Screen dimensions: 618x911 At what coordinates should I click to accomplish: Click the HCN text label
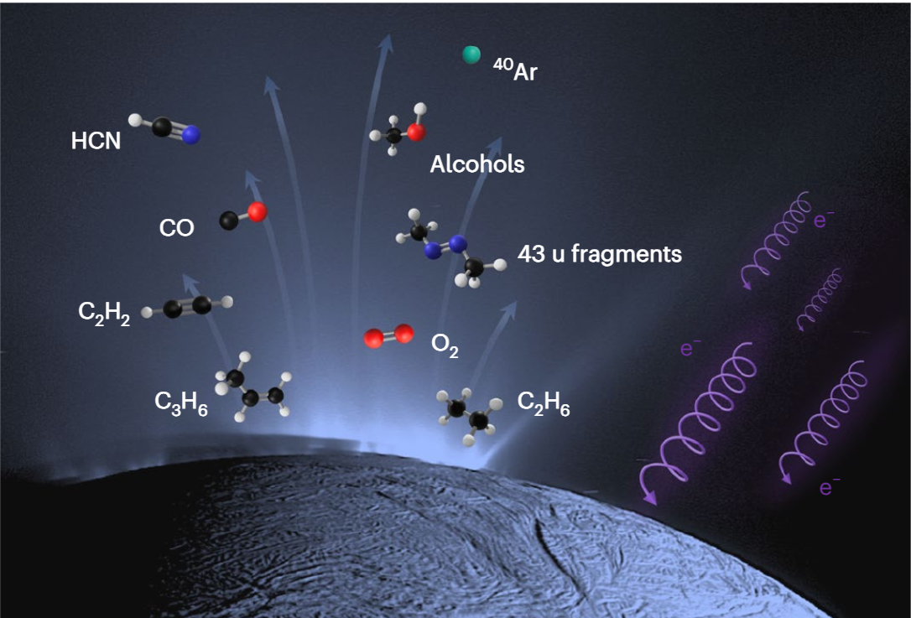[96, 141]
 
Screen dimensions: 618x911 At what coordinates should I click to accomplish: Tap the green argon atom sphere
[471, 55]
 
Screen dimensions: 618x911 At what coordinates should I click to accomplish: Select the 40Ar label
[515, 70]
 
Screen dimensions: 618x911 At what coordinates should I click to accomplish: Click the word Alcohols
[476, 164]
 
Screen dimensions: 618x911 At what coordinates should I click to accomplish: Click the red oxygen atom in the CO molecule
[257, 212]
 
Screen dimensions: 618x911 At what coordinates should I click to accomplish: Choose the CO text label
[176, 227]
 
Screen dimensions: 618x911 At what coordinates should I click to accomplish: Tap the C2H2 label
[104, 314]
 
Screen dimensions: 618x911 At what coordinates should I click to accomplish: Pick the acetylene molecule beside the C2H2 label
[186, 307]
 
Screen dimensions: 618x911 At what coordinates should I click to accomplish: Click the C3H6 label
[180, 402]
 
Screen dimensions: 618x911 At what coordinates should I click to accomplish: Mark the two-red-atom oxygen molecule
[388, 337]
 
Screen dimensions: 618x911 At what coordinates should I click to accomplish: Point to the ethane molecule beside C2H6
[468, 413]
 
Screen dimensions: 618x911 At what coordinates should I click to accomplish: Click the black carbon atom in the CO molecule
[228, 221]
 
